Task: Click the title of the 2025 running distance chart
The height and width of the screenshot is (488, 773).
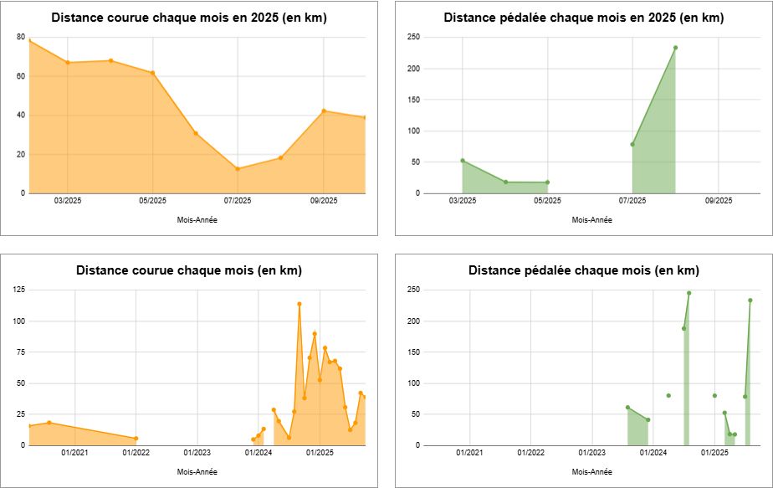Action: [188, 18]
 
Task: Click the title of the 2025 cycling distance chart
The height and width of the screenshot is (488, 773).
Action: [583, 18]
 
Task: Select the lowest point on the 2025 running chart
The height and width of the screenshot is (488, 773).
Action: [238, 169]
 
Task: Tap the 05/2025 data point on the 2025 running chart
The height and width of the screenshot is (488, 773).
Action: [152, 73]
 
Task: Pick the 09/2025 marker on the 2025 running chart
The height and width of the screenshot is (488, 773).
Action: [324, 110]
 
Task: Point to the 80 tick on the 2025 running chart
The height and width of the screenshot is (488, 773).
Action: [20, 38]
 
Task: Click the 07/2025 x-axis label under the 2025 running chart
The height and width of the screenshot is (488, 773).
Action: [238, 201]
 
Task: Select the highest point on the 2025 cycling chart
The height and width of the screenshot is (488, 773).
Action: [675, 48]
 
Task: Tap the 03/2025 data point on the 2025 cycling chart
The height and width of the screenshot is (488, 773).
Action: [463, 161]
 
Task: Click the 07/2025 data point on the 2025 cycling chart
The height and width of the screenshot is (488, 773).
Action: [632, 144]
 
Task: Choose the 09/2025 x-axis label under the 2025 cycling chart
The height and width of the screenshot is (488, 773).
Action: [718, 201]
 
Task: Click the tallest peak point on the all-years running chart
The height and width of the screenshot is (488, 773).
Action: [299, 304]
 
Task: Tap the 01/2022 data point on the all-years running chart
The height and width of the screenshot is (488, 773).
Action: [136, 439]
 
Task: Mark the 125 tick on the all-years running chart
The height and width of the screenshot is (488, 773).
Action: [18, 290]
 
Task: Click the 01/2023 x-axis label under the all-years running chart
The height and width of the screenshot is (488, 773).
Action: [197, 453]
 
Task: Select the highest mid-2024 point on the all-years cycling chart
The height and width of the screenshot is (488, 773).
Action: [689, 293]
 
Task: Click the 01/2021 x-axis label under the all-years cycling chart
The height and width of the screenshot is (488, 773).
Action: [469, 453]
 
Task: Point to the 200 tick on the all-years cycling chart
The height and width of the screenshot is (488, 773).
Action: [413, 321]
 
